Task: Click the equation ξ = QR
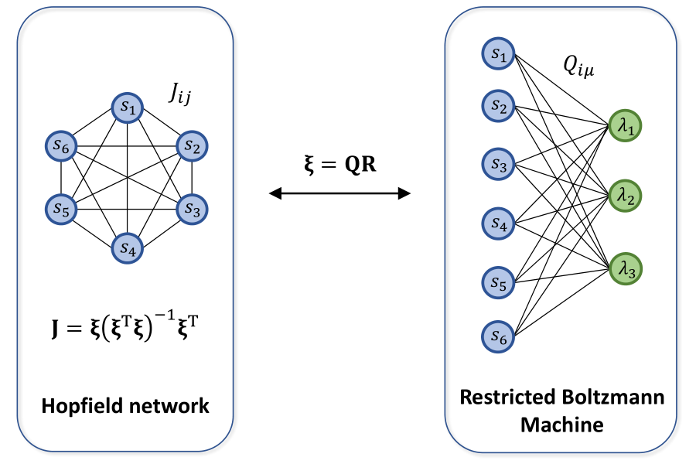pos(338,164)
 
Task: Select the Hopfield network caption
pos(126,405)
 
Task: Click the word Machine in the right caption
pos(561,424)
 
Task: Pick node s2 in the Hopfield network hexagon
pos(193,145)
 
